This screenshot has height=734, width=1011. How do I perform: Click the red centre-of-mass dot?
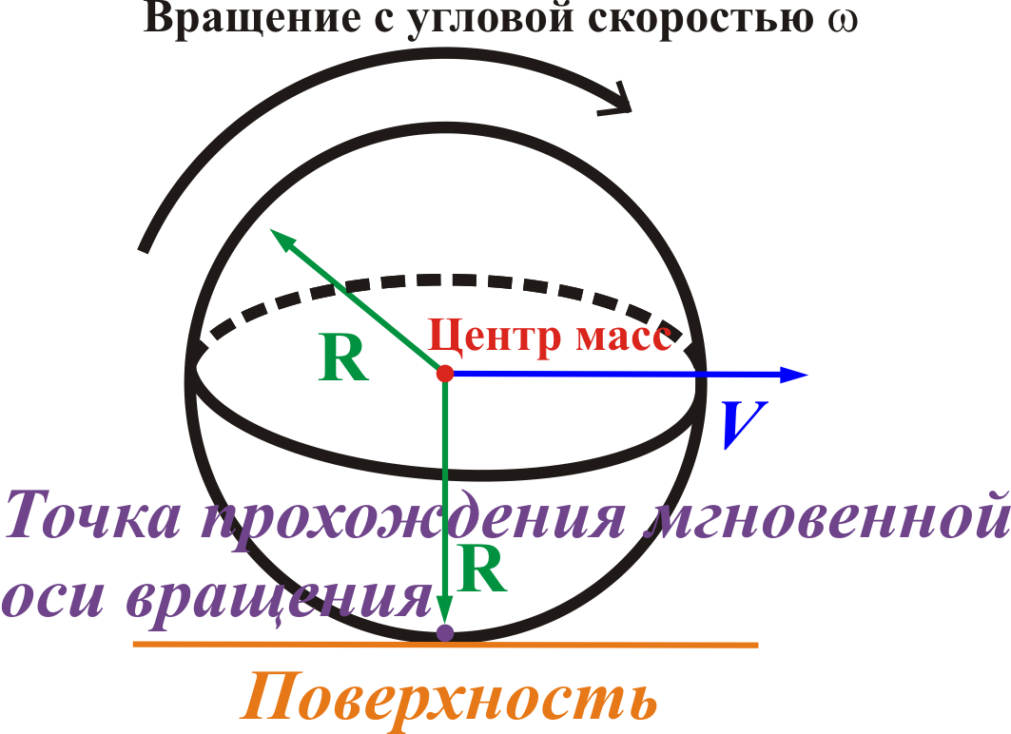point(445,374)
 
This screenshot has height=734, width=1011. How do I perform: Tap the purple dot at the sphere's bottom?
point(444,632)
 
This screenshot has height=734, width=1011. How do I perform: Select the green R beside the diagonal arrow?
point(344,358)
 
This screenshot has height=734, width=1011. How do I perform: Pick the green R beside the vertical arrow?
point(481,569)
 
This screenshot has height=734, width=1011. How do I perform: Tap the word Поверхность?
point(449,699)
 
